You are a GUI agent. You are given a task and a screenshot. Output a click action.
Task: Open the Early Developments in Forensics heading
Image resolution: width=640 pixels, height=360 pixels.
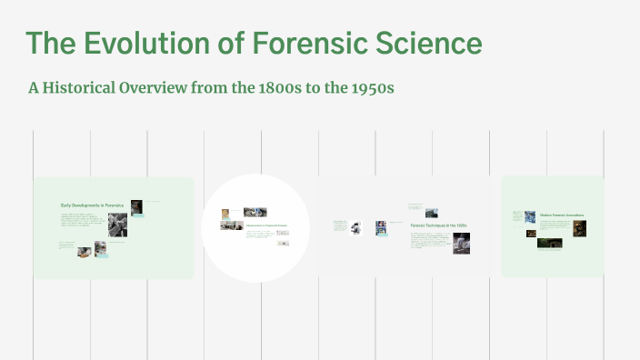(92, 206)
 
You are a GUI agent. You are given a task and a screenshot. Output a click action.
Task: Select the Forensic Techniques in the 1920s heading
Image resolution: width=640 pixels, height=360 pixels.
(438, 224)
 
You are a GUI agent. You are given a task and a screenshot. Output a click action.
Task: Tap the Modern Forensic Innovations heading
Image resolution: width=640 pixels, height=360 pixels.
(561, 215)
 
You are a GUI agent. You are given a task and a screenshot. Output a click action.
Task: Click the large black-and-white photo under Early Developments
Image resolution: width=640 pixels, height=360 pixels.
(117, 225)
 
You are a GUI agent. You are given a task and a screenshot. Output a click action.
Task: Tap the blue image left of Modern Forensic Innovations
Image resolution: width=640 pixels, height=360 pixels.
(530, 217)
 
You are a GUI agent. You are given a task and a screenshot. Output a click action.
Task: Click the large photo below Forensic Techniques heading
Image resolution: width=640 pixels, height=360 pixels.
(461, 243)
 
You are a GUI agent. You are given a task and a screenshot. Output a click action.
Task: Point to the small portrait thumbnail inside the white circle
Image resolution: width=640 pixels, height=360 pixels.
(225, 215)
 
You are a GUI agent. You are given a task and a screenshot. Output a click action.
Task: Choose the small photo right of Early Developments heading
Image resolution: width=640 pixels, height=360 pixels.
(136, 206)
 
